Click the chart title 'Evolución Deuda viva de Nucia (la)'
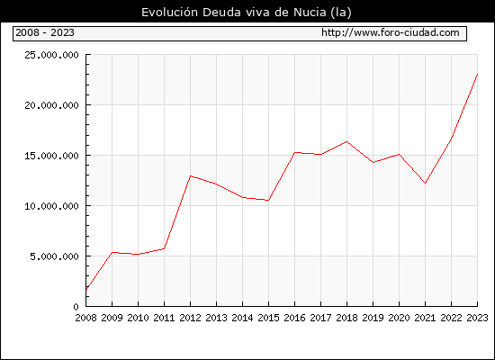[x=247, y=13]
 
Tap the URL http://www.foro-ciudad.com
[x=391, y=32]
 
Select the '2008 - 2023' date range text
[x=45, y=32]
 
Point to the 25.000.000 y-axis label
[x=51, y=55]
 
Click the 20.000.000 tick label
[x=51, y=105]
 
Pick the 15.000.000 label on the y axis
[x=51, y=156]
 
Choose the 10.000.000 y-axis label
[x=51, y=206]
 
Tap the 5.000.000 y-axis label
[x=54, y=256]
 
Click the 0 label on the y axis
[x=76, y=307]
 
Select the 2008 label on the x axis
[x=85, y=318]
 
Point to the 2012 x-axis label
[x=191, y=318]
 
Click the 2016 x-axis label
[x=295, y=318]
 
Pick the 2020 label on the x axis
[x=399, y=318]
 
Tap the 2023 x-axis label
[x=477, y=318]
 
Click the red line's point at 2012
[x=191, y=175]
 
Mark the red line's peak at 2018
[x=346, y=141]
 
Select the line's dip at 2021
[x=425, y=183]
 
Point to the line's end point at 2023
[x=477, y=74]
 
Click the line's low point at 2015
[x=269, y=200]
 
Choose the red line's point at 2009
[x=112, y=252]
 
